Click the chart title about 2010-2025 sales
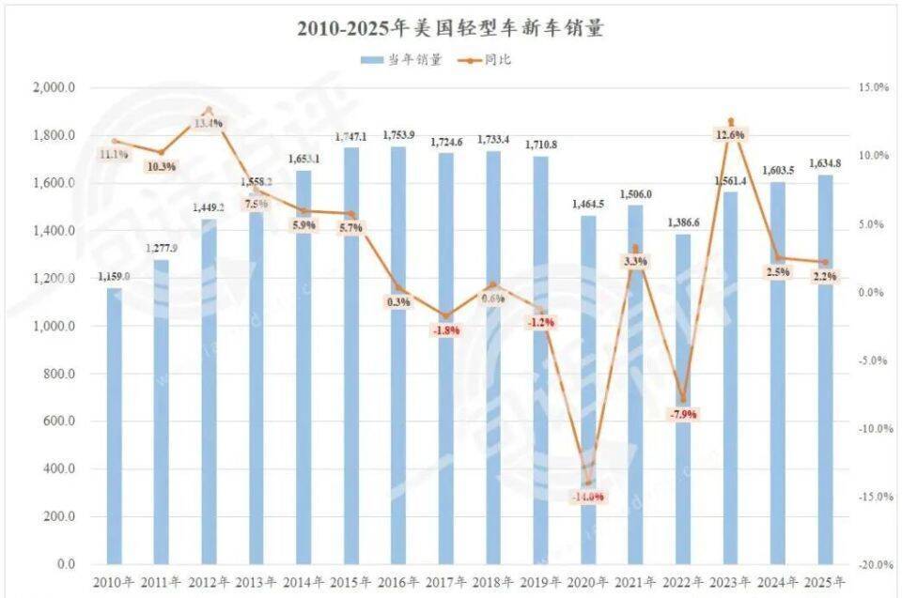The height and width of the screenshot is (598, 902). pos(450,28)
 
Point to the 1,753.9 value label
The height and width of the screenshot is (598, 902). pos(399,135)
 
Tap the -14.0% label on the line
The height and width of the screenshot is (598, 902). pos(587,497)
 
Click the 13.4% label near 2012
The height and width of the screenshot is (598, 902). pos(209,123)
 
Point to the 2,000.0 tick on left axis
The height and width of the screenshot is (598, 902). pos(54,88)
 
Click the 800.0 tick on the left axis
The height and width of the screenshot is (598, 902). pos(57,374)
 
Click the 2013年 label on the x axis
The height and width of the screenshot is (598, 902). pos(257,582)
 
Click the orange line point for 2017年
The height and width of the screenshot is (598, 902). pos(446,316)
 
